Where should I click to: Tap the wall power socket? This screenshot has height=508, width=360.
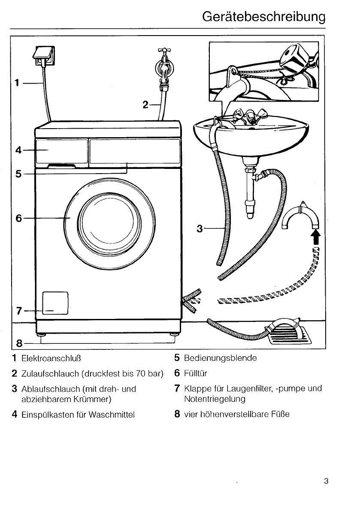click(44, 57)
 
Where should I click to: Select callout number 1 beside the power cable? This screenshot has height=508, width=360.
click(16, 82)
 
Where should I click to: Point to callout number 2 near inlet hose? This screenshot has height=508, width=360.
click(145, 104)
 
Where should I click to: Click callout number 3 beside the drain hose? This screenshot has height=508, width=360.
click(199, 228)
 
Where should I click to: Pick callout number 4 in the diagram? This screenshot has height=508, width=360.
click(18, 150)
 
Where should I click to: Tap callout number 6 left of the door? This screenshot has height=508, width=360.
click(18, 218)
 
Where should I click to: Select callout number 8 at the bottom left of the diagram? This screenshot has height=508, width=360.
click(19, 343)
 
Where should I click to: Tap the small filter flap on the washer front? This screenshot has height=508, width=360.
click(55, 303)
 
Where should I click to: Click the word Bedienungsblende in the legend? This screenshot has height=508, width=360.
click(220, 358)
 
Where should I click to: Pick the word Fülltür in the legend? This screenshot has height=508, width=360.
click(196, 373)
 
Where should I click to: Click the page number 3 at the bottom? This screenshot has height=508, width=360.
click(326, 481)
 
